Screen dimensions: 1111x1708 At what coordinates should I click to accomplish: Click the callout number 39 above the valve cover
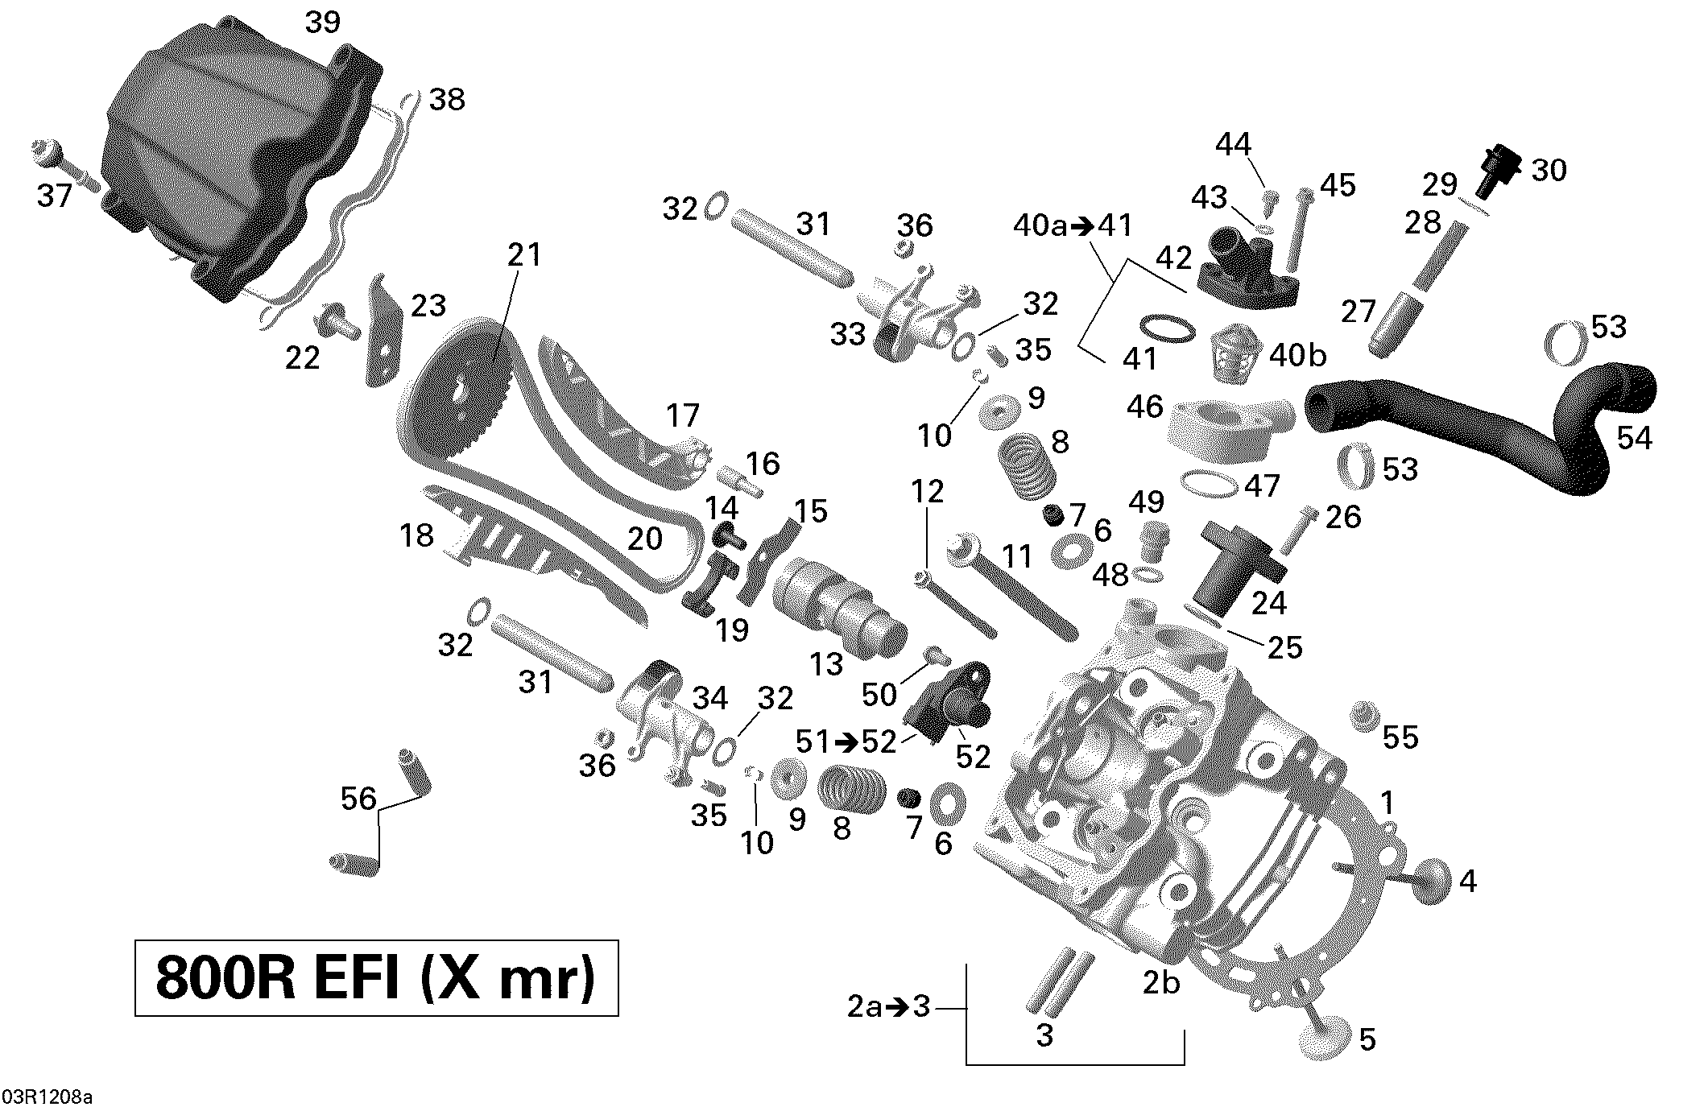(323, 23)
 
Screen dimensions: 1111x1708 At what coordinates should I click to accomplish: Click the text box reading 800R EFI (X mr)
(376, 977)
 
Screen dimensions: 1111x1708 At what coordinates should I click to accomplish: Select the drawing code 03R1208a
(47, 1097)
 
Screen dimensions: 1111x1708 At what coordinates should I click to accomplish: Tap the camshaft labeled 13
(837, 613)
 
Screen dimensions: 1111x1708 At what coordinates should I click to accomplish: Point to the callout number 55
(1400, 737)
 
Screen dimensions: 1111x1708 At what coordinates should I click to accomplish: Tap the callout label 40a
(1040, 226)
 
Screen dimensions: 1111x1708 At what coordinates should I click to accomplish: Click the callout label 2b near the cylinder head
(1160, 982)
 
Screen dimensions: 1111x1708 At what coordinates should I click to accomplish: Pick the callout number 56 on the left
(358, 798)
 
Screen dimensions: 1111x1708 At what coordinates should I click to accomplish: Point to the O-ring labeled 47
(1207, 484)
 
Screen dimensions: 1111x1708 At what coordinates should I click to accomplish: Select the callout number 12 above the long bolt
(927, 491)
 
